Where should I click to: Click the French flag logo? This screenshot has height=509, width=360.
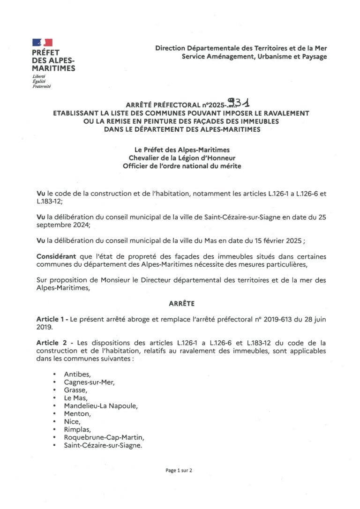click(42, 43)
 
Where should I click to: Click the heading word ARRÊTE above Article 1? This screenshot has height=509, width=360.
click(181, 304)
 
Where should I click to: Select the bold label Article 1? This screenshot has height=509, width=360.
click(52, 319)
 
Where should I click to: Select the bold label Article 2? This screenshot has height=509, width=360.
click(52, 343)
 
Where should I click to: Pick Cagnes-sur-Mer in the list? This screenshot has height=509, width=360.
click(89, 382)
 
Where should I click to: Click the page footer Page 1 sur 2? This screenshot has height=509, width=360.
click(179, 470)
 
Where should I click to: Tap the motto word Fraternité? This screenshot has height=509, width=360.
click(41, 87)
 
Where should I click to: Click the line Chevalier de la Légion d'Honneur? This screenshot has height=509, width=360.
click(182, 158)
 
